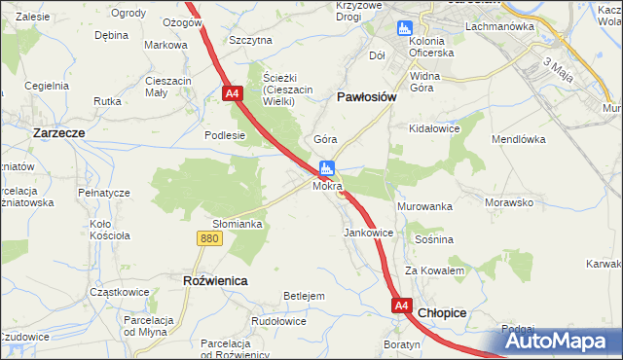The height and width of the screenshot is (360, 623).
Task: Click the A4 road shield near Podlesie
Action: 232,94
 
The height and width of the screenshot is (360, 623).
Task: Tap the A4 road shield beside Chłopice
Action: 402,306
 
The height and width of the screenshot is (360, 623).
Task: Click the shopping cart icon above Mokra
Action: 328,167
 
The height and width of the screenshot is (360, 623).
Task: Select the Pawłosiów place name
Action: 365,97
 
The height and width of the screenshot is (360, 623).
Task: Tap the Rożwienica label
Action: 215,279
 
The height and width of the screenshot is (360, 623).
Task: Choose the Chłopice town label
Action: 443,312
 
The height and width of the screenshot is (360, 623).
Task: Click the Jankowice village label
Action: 368,234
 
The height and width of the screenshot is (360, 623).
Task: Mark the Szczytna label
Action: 250,40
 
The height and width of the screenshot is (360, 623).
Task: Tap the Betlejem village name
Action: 303,295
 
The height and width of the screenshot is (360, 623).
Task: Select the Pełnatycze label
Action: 103,193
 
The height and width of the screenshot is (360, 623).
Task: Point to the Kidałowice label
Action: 434,128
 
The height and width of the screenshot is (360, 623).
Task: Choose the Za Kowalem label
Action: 434,270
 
